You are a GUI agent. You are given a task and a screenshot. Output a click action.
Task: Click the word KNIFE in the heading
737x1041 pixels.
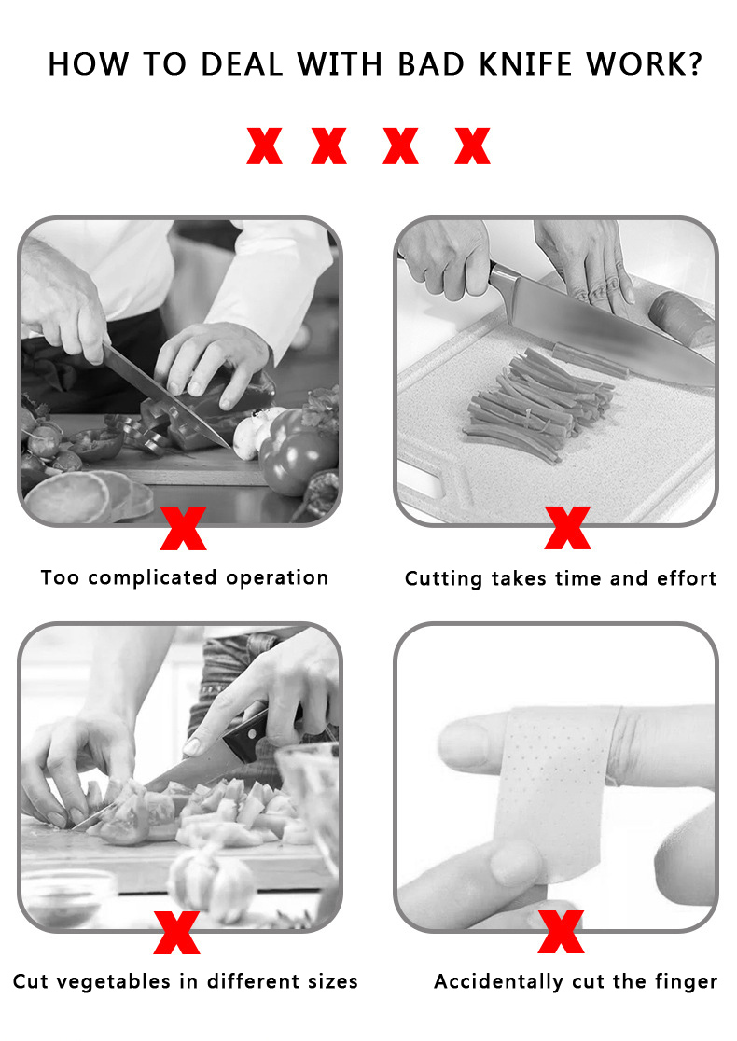[525, 64]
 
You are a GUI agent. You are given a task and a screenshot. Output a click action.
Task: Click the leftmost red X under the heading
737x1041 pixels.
[264, 146]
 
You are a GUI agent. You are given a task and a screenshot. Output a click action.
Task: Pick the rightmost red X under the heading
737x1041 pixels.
[472, 146]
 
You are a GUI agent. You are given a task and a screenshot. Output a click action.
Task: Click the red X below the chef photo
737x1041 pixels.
[183, 529]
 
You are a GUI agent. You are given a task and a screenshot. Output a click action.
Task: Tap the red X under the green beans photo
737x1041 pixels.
[567, 528]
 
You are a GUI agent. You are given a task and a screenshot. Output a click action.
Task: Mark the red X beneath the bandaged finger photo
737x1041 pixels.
[561, 932]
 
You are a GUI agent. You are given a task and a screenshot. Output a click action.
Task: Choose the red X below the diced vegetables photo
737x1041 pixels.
[176, 932]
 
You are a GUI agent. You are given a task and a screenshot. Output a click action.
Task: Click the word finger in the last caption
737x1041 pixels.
[686, 982]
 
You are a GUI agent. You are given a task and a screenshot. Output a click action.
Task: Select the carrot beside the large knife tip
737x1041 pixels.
[681, 318]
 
